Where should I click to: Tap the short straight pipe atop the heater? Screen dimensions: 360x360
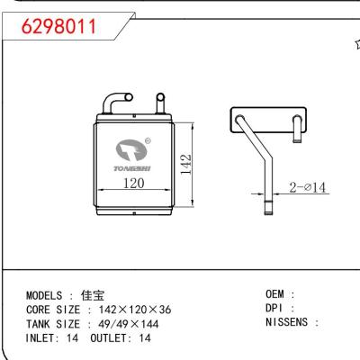tap(160, 102)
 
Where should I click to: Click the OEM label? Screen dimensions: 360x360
tap(276, 294)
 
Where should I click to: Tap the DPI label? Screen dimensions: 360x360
tap(276, 309)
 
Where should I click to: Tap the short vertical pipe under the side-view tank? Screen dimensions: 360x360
tap(295, 133)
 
